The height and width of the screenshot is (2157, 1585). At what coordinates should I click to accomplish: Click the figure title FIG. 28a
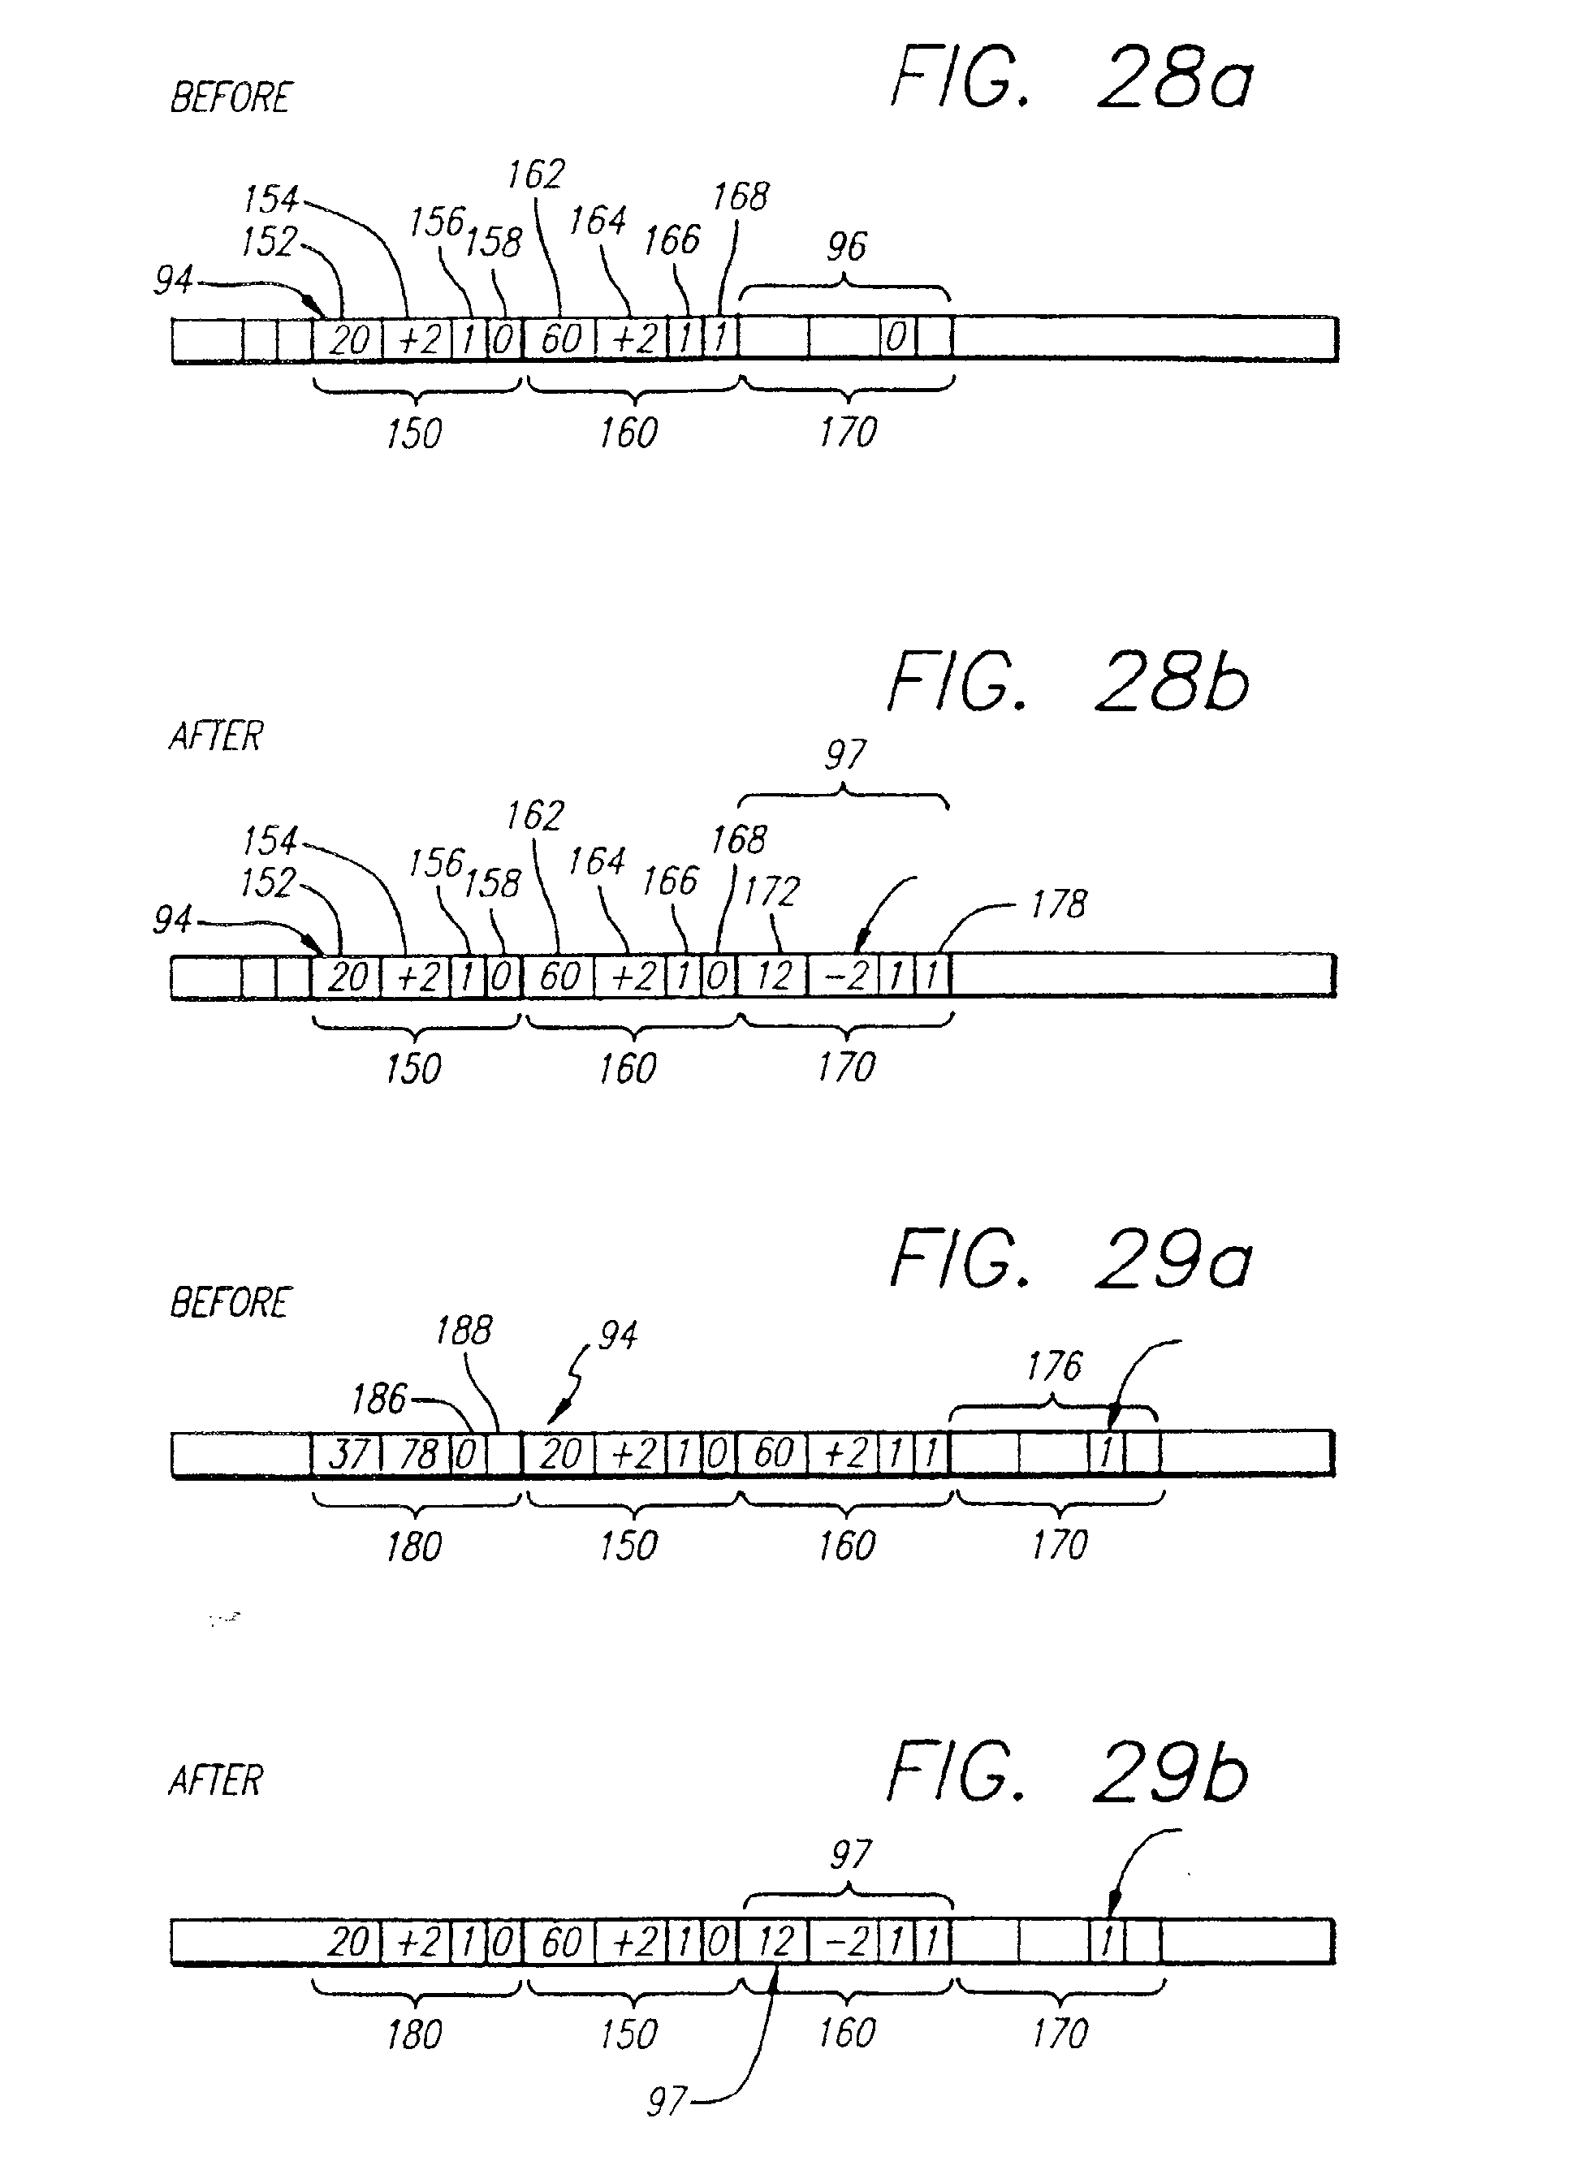pyautogui.click(x=1072, y=79)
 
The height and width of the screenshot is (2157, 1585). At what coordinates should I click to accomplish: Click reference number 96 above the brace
pyautogui.click(x=846, y=247)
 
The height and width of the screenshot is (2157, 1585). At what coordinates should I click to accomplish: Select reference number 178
pyautogui.click(x=1058, y=904)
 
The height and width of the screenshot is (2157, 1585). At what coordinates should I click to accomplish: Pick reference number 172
pyautogui.click(x=771, y=892)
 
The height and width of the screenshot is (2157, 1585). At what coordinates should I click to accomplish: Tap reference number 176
pyautogui.click(x=1053, y=1365)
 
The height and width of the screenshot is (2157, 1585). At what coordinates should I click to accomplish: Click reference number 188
pyautogui.click(x=464, y=1331)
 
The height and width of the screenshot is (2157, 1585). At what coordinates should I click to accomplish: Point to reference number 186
pyautogui.click(x=379, y=1400)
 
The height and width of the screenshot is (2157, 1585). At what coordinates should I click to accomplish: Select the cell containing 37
pyautogui.click(x=347, y=1454)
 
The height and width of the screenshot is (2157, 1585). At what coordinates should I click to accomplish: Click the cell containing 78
pyautogui.click(x=417, y=1454)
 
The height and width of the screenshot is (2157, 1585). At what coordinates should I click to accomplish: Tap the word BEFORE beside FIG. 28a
pyautogui.click(x=231, y=98)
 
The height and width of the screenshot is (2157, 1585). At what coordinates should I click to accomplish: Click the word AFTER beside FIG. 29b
pyautogui.click(x=216, y=1780)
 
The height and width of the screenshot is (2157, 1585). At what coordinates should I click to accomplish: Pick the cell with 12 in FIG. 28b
pyautogui.click(x=773, y=977)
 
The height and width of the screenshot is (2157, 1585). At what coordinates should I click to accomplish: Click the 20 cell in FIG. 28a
pyautogui.click(x=348, y=339)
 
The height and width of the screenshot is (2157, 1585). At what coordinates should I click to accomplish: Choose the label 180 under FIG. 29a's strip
pyautogui.click(x=413, y=1546)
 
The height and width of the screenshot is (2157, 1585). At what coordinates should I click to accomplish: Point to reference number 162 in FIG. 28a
pyautogui.click(x=535, y=175)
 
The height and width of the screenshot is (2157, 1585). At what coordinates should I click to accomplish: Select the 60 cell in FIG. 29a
pyautogui.click(x=773, y=1454)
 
